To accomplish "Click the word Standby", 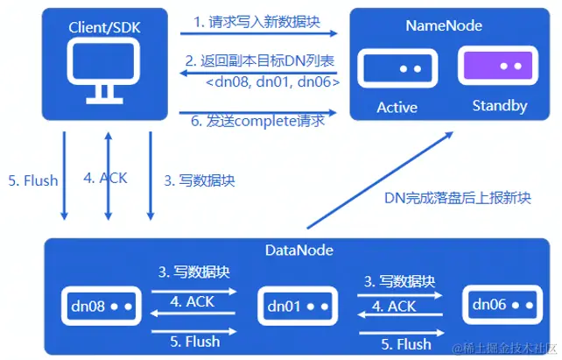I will click(499, 107).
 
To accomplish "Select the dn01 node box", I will click(298, 307).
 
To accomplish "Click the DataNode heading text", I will click(296, 251).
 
